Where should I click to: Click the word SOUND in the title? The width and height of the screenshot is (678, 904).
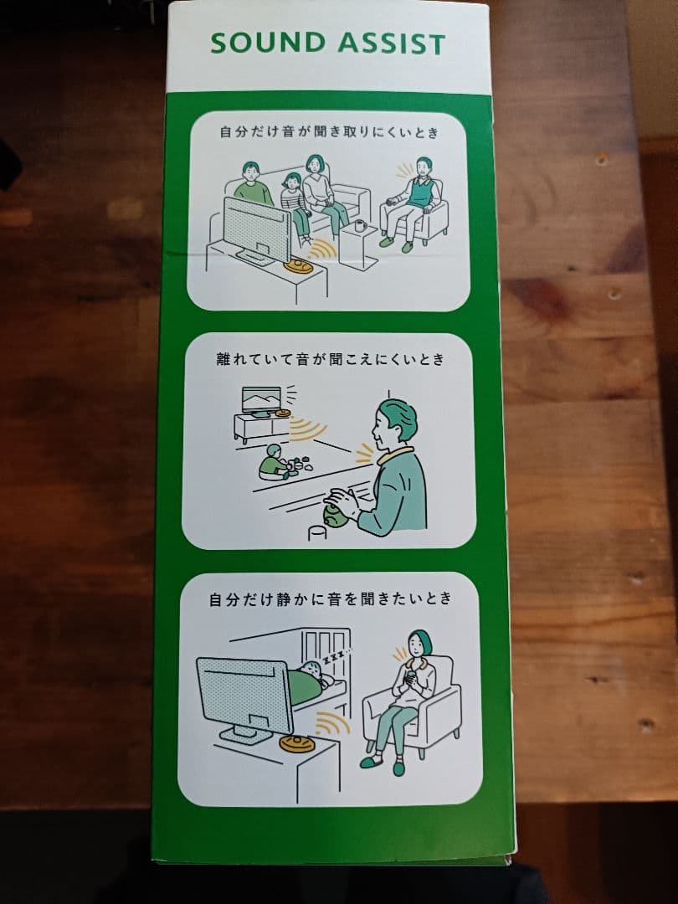click(x=268, y=44)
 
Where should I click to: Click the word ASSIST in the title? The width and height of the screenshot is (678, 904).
click(x=392, y=44)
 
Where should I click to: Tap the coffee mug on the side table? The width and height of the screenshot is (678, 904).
click(x=360, y=225)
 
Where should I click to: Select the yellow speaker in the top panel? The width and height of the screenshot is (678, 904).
click(x=299, y=266)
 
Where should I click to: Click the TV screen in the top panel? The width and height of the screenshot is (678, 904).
click(x=257, y=229)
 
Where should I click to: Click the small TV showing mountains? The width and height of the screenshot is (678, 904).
click(x=262, y=399)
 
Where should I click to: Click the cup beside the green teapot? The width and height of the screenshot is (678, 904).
click(x=316, y=532)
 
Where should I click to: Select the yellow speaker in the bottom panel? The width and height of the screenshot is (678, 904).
click(x=297, y=742)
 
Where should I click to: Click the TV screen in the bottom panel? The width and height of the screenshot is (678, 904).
click(x=244, y=696)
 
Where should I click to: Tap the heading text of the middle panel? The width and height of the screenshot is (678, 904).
click(x=331, y=359)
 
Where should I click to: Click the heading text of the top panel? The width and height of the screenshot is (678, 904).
click(x=329, y=132)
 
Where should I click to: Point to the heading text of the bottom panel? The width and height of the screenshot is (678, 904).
click(x=331, y=599)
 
